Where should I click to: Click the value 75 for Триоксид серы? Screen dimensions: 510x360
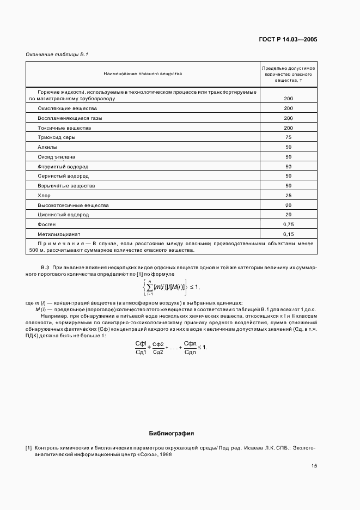(288, 137)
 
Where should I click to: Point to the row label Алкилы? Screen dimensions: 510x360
(46, 147)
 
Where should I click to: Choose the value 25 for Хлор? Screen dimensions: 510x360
(288, 196)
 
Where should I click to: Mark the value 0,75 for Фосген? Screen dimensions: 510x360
(288, 224)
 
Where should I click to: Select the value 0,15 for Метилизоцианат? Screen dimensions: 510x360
(288, 234)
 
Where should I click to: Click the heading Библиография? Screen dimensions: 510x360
(171, 434)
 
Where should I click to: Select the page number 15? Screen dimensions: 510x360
(314, 465)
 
